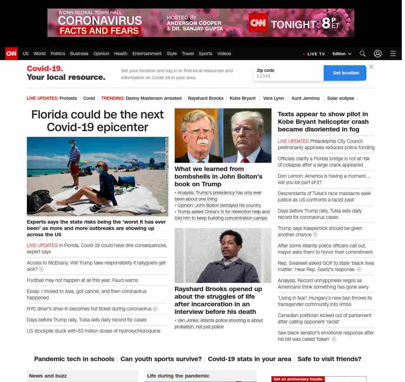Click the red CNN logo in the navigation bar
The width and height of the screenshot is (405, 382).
point(11,54)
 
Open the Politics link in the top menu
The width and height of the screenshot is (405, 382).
point(58,54)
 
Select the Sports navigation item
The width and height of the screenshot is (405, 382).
point(205,54)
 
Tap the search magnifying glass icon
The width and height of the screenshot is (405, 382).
point(362,54)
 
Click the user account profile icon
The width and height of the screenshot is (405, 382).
point(377,54)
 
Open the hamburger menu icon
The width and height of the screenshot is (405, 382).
point(393,54)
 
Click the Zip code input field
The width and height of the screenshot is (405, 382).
point(288,76)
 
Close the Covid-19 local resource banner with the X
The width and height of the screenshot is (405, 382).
point(371,67)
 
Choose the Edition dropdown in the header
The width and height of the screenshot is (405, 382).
point(342,54)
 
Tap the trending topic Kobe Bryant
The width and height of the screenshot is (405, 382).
point(242,98)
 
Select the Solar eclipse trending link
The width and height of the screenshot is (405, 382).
point(340,98)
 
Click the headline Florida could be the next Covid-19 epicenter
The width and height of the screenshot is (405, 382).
point(97,121)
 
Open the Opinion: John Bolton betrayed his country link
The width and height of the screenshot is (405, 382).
point(219,205)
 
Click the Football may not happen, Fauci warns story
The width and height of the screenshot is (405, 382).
point(82,280)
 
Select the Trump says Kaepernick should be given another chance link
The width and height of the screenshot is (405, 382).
point(320,232)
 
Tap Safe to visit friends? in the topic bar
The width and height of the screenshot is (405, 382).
point(329,359)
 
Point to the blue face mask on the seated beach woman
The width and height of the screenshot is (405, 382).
point(100,169)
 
